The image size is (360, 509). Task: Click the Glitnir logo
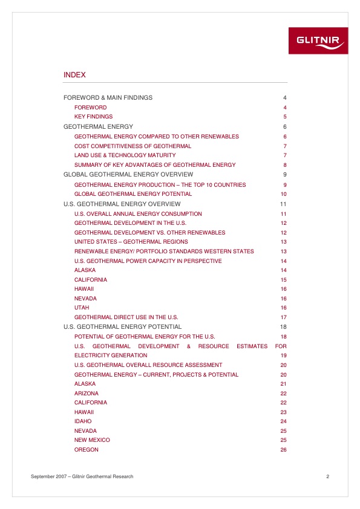pos(321,41)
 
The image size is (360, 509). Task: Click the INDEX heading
pos(74,75)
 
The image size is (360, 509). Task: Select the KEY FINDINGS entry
pos(93,117)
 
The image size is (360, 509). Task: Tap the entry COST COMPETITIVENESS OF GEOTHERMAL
pos(133,146)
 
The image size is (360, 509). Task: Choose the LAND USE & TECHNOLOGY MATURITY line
pos(125,155)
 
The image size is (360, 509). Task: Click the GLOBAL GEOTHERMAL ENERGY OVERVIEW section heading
pos(128,175)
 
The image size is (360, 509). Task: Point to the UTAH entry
pos(82,308)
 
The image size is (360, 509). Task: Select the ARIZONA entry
pos(86,394)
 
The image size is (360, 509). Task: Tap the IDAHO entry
pos(83,421)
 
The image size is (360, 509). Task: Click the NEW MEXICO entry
pos(92,440)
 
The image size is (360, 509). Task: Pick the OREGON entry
pos(86,450)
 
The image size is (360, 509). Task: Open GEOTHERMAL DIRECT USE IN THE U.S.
pos(126,317)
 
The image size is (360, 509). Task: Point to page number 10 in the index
pos(283,194)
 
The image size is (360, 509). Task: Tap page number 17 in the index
pos(283,317)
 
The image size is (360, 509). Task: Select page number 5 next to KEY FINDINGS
pos(284,117)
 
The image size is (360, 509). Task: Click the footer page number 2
pos(327,477)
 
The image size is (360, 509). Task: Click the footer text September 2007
pos(48,477)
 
